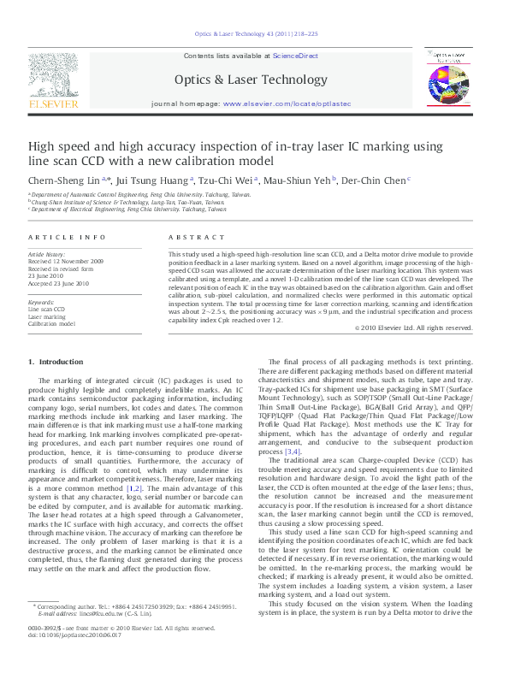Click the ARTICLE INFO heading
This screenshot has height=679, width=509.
coord(67,237)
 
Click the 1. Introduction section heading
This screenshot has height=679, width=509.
coord(56,363)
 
